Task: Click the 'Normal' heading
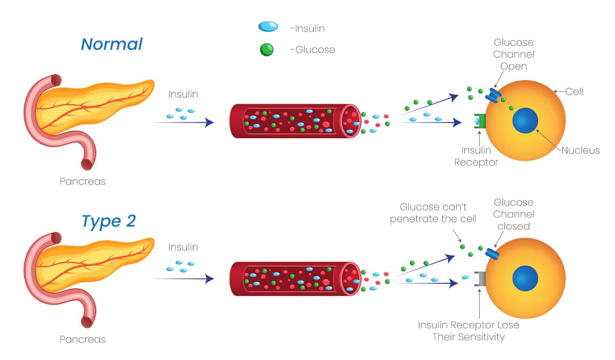(111, 44)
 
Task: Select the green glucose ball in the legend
(267, 49)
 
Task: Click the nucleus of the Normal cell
(525, 122)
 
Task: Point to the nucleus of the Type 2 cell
(525, 278)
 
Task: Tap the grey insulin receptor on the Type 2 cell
(480, 278)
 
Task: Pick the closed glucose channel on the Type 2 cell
(493, 253)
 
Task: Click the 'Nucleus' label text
(581, 150)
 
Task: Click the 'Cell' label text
(575, 92)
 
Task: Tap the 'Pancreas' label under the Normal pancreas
(83, 182)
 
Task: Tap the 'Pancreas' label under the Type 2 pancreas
(83, 339)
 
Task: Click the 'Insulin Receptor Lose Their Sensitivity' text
(468, 331)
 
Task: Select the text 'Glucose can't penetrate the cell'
(433, 213)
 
